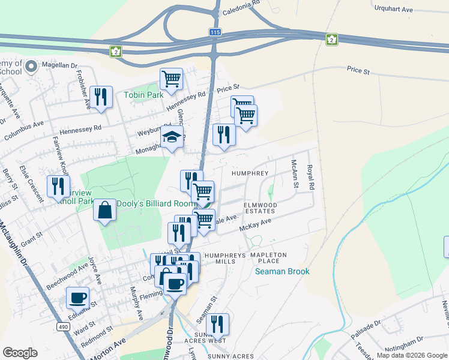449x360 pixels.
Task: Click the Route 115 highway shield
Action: [215, 32]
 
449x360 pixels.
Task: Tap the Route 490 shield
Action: [63, 326]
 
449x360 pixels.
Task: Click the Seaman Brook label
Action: [282, 271]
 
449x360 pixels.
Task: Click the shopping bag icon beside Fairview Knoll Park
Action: [105, 210]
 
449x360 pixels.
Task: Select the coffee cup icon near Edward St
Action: [79, 297]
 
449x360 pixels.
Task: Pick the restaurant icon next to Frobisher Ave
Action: [101, 96]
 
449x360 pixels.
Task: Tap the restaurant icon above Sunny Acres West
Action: [217, 324]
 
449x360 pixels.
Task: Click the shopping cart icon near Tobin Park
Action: [172, 78]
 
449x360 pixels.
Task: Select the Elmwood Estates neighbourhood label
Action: [260, 208]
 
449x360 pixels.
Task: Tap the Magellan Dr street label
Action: [59, 65]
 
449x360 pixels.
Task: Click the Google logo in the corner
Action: [20, 353]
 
